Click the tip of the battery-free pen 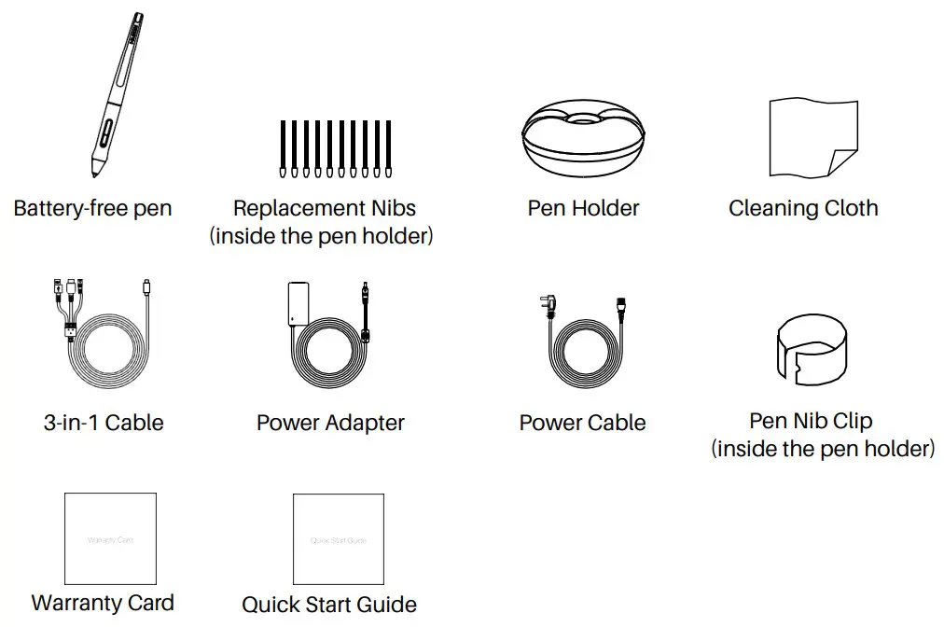[95, 174]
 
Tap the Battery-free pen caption [92, 208]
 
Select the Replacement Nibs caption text [324, 208]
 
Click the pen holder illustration [583, 138]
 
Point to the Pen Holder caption [583, 208]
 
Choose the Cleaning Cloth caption [803, 208]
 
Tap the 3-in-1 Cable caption [104, 423]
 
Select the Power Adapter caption [330, 423]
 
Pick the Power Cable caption [582, 423]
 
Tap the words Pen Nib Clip [811, 422]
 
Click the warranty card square [110, 538]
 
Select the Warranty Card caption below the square [103, 603]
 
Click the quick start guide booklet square [338, 539]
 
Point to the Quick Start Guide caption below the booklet [329, 605]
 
